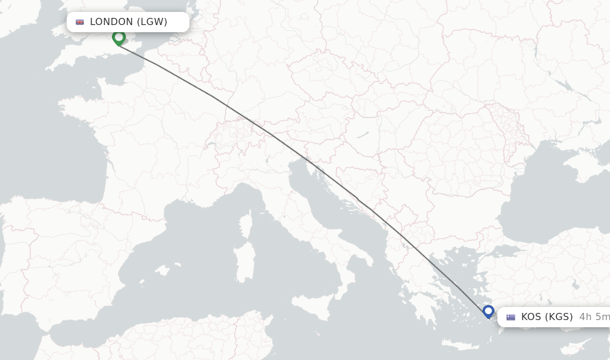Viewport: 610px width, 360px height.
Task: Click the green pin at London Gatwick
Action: coord(119,38)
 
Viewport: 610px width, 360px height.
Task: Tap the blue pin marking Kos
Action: coord(488,311)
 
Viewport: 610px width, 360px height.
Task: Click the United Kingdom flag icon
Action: coord(80,22)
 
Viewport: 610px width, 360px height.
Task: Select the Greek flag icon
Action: coord(511,317)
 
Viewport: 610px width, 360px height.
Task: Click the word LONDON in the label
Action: coord(111,22)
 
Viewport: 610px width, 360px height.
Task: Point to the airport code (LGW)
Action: coord(152,22)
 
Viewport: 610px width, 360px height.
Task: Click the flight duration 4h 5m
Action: coord(594,317)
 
